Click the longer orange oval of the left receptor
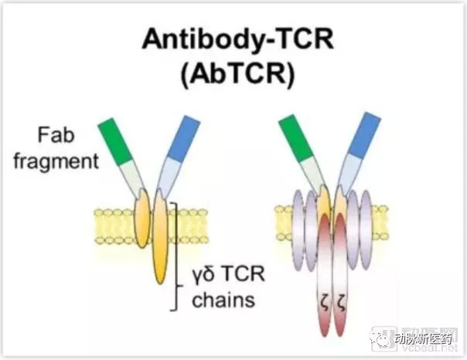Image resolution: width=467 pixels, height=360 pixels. pos(160,239)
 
